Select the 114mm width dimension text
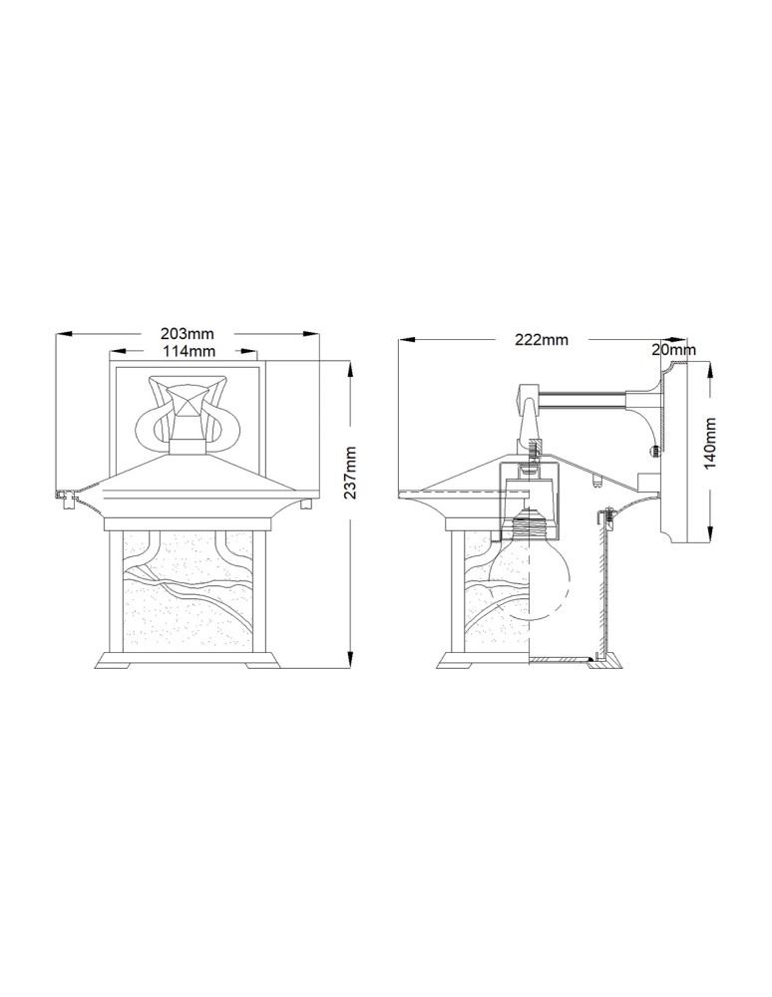187,352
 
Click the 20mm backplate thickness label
673,350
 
